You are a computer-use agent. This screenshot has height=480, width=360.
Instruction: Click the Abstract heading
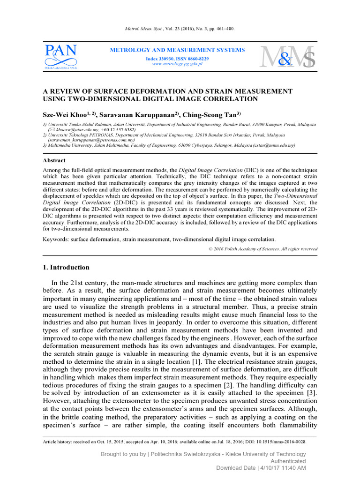click(x=54, y=160)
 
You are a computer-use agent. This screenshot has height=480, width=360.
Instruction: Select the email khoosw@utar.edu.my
click(x=74, y=129)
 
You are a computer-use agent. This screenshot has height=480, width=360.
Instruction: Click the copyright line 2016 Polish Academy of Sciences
click(x=264, y=249)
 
